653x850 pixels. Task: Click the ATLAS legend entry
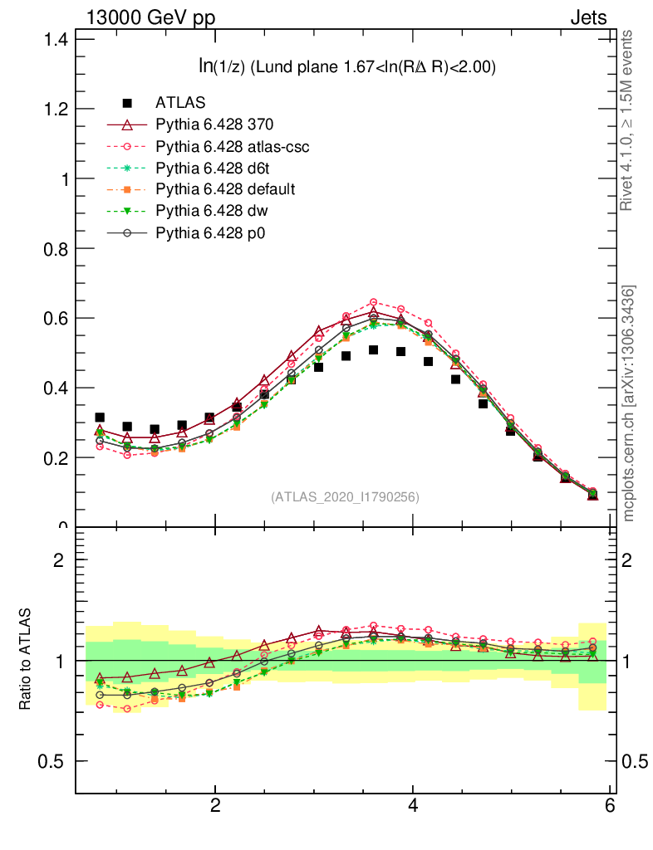pos(180,103)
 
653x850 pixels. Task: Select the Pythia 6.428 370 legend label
pos(214,125)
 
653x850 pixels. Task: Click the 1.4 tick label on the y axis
pos(54,39)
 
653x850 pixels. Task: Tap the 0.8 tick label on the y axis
pos(54,248)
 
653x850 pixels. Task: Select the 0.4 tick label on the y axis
pos(54,388)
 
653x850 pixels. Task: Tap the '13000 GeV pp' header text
pos(150,17)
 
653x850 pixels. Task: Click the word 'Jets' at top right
pos(588,17)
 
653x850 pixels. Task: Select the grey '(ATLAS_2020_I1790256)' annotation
pos(345,497)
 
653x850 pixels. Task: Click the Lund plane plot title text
pos(341,68)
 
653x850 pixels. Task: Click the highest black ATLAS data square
pos(374,350)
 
